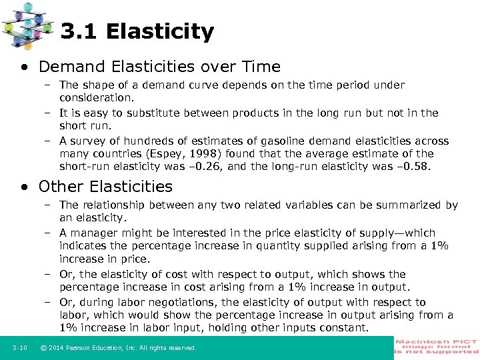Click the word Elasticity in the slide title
tap(159, 31)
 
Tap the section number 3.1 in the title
tap(79, 31)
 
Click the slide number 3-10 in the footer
tap(19, 348)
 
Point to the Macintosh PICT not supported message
tap(436, 347)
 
